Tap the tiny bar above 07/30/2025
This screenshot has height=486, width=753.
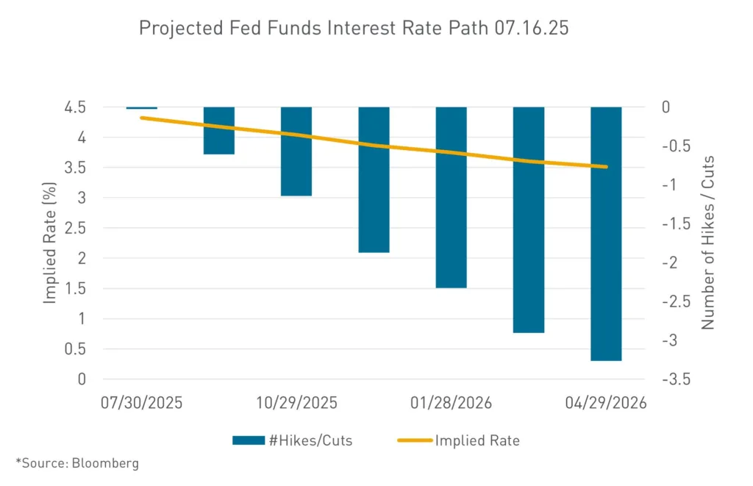[x=142, y=108]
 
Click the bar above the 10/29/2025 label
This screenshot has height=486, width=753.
[x=296, y=151]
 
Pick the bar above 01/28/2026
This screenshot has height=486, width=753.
[x=451, y=197]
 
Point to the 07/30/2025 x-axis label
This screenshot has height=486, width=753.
[x=142, y=404]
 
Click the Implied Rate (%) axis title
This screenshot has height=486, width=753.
[x=50, y=243]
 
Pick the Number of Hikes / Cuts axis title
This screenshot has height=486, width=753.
[x=707, y=243]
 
